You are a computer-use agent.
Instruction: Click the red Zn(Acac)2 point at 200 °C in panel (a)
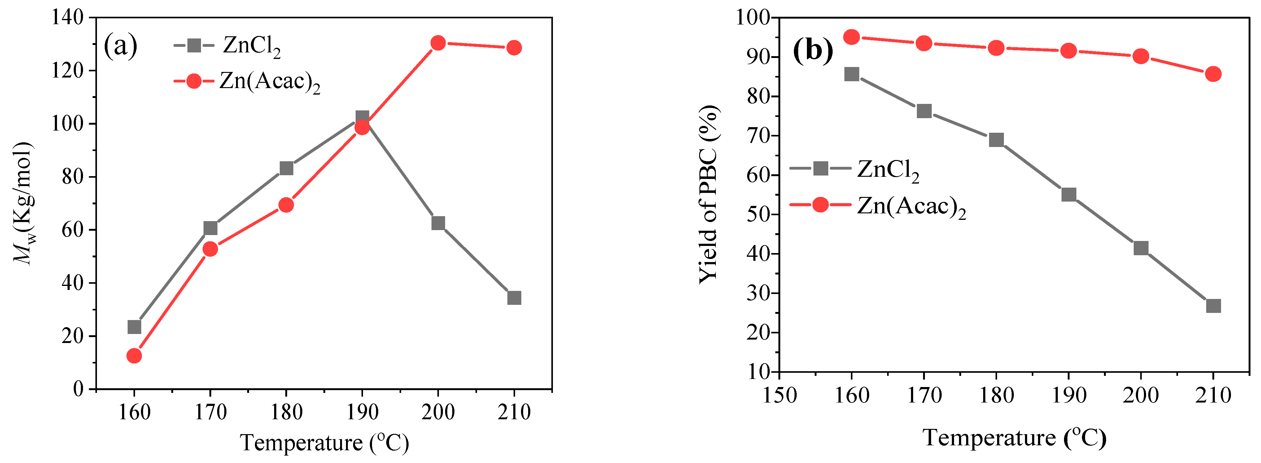[438, 43]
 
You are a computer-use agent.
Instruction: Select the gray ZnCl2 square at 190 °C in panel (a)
[362, 118]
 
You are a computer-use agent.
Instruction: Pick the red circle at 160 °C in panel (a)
[134, 356]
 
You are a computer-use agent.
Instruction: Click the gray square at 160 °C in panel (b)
[852, 74]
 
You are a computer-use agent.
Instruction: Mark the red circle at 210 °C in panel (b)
[1213, 74]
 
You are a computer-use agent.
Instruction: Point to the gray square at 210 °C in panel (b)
[1213, 306]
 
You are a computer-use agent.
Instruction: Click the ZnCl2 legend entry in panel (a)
[228, 46]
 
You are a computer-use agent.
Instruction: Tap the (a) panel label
[120, 46]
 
